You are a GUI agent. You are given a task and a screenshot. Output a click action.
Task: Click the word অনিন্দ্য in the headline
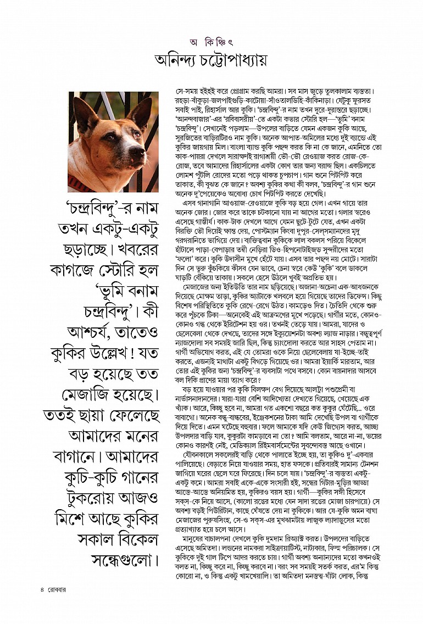(182, 60)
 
